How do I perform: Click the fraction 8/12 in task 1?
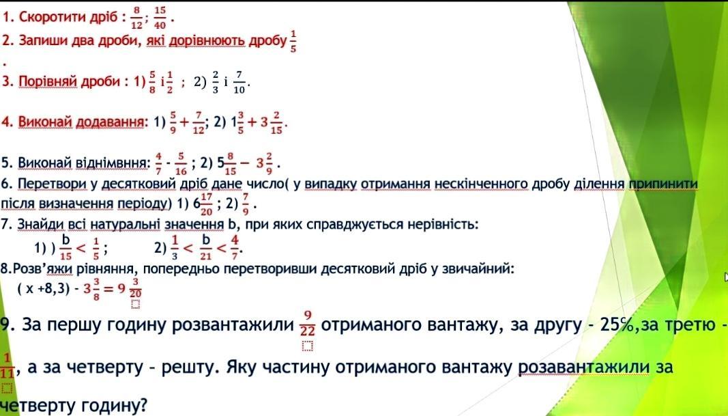[x=136, y=18]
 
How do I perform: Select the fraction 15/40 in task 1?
[x=160, y=18]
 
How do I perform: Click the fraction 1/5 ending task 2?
[x=293, y=42]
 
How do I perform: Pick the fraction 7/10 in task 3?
[x=239, y=83]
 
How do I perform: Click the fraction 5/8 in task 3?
[x=153, y=83]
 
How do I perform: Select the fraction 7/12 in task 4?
[x=199, y=123]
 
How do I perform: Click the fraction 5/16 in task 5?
[x=181, y=164]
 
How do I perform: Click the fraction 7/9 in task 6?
[x=246, y=204]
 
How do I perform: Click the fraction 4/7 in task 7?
[x=235, y=247]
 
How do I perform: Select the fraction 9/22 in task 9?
[x=307, y=324]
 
